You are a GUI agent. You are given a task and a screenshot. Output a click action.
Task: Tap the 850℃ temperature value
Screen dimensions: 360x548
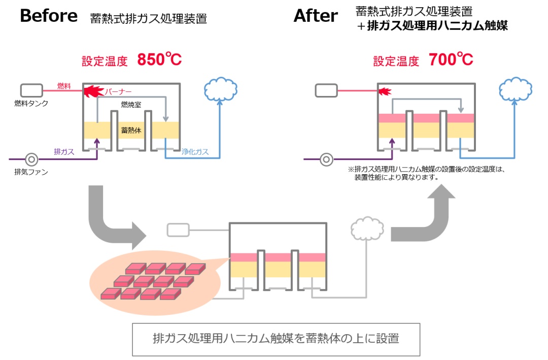pos(159,60)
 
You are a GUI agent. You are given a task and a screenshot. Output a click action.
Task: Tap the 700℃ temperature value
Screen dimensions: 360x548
pos(451,60)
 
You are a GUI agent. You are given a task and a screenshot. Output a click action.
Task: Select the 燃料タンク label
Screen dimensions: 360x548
pos(31,104)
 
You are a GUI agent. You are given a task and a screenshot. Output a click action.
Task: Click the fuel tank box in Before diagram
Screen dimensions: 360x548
pos(31,90)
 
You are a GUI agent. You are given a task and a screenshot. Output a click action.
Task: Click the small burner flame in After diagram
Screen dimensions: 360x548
pos(385,91)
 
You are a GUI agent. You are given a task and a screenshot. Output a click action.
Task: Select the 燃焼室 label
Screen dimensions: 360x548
pos(131,104)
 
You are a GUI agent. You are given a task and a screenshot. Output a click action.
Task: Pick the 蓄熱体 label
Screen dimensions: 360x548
pos(131,130)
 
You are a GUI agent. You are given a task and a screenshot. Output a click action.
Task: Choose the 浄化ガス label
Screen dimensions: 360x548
pos(195,151)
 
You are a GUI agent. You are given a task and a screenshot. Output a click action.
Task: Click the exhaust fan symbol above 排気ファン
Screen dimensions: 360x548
pos(31,159)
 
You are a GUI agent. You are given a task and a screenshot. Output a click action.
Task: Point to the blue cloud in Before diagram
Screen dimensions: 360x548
pos(221,89)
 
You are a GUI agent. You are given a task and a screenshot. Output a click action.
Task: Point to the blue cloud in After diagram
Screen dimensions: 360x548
pos(516,89)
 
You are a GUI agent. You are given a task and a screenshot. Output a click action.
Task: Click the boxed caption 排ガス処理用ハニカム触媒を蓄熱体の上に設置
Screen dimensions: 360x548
pos(276,339)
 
